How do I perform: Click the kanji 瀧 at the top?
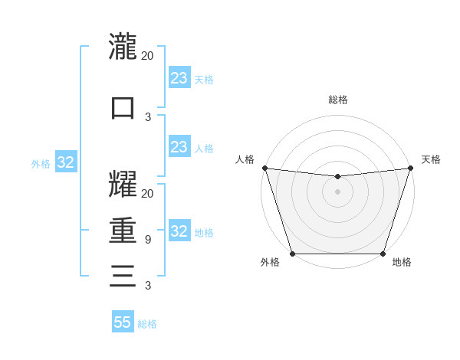coord(123,47)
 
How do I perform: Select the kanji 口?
coord(123,107)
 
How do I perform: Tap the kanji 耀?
coord(123,185)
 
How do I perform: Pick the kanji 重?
coord(123,231)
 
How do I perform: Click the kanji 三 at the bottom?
coord(123,275)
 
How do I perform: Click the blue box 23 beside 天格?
coord(179,78)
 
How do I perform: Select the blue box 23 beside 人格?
coord(179,147)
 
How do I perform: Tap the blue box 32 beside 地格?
coord(179,231)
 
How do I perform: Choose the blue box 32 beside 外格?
coord(65,162)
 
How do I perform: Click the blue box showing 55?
coord(123,322)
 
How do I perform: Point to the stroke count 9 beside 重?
coord(147,240)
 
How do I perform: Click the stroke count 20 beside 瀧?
coord(147,55)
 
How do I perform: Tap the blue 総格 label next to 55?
coord(148,324)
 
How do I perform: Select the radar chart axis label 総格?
coord(337,100)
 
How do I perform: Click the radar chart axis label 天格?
coord(431,159)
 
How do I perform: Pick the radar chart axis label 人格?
coord(245,159)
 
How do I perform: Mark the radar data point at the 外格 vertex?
coord(292,253)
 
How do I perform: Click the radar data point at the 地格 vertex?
coord(383,253)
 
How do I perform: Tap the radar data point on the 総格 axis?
coord(337,177)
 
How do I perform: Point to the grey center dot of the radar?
coord(337,191)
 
